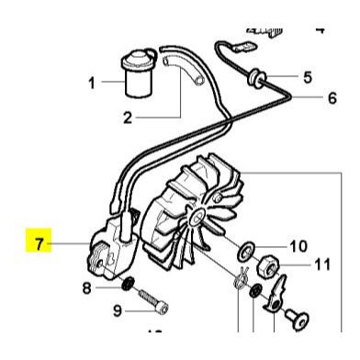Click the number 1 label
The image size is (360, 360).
tap(92, 84)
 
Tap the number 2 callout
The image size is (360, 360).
tap(129, 117)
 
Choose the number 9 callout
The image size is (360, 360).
tap(117, 310)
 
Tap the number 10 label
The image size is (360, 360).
tap(298, 245)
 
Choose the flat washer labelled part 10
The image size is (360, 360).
tap(247, 251)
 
